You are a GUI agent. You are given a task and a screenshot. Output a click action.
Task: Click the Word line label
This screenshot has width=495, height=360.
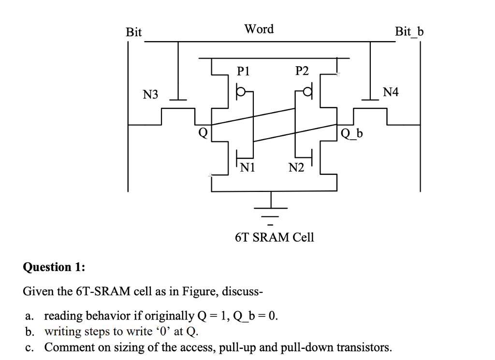point(259,29)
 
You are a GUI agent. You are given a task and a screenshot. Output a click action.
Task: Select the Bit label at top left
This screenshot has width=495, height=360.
point(134,32)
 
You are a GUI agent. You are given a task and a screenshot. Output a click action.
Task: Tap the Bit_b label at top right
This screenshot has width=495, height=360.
point(409,32)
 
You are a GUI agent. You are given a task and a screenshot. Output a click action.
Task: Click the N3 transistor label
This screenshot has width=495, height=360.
point(150,94)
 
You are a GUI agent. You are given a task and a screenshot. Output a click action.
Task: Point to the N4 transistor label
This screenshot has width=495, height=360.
point(391,92)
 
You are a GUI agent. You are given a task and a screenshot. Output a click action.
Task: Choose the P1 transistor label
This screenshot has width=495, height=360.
point(243,72)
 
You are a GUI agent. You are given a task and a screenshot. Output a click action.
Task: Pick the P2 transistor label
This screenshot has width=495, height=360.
point(302,72)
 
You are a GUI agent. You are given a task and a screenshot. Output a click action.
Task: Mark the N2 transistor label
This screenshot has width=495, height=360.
point(296,168)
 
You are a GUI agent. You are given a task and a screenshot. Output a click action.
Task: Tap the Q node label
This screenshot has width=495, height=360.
point(204,132)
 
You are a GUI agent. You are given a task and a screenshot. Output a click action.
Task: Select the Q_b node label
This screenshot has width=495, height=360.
point(352,133)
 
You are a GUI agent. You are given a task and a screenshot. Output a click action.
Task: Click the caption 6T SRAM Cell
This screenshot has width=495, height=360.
point(274,237)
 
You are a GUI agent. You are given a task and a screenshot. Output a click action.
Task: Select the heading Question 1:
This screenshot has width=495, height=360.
point(54,267)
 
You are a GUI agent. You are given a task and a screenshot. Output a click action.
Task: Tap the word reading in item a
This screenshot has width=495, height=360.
point(63,317)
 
